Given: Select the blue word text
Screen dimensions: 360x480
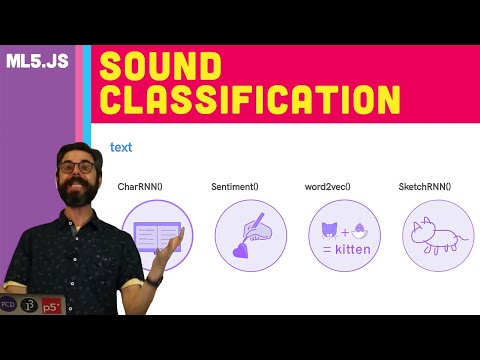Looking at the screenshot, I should pyautogui.click(x=121, y=148).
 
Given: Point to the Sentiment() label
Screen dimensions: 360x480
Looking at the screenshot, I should pyautogui.click(x=237, y=187).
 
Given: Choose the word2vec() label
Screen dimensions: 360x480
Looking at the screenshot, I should pyautogui.click(x=335, y=187).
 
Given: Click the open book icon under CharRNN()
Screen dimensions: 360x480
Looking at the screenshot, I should pyautogui.click(x=152, y=232).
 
